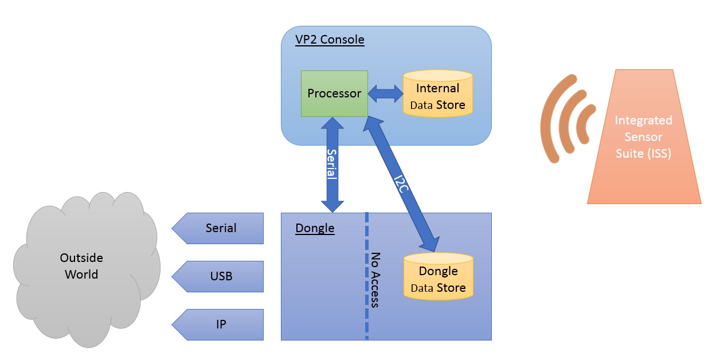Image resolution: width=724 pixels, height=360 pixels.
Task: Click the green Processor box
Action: pos(334,93)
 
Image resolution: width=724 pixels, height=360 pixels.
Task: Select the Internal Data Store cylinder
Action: pos(437,93)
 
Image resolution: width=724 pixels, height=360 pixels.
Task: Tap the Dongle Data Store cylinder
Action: pos(439,276)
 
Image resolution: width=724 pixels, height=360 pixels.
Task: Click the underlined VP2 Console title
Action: pos(330,40)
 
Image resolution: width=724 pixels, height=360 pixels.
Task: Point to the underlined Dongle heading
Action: pos(315,228)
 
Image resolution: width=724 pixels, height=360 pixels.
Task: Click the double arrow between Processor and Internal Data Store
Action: pos(385,93)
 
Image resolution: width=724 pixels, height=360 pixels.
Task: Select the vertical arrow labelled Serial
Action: pos(332,165)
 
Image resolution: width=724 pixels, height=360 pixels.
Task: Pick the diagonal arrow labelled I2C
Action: pos(401,183)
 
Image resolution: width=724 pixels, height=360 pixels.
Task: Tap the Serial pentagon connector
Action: pos(217,228)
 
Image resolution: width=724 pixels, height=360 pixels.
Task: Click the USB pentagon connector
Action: pos(217,276)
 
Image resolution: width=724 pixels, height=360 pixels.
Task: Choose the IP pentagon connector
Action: pos(217,324)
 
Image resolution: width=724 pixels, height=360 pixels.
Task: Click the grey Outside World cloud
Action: pos(87,270)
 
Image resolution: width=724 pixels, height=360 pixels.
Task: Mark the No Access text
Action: pos(375,280)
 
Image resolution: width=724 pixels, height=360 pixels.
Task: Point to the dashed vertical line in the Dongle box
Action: pos(367,276)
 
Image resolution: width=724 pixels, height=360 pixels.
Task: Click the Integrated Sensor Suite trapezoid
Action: pos(644,136)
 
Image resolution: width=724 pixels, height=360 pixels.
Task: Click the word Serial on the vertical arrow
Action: pos(332,164)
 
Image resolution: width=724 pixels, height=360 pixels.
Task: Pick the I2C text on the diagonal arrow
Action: pos(401,184)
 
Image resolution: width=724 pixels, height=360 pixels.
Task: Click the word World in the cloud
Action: pos(81,275)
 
